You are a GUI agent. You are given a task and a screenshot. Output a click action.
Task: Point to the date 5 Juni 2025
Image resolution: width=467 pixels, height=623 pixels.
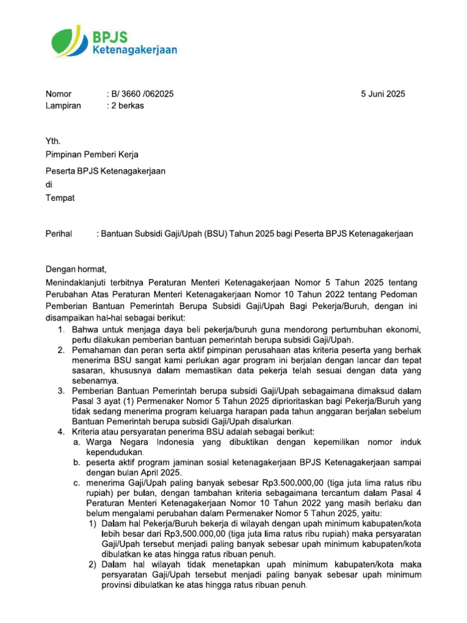[382, 94]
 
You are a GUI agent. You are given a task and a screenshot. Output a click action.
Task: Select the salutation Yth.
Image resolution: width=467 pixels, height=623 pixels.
[53, 141]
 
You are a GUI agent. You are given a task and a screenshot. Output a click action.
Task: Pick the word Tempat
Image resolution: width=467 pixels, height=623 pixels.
[61, 198]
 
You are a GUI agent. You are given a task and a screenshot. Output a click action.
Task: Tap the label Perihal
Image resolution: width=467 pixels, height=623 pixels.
[59, 234]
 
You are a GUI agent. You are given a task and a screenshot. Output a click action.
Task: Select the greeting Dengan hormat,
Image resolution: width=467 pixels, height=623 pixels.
[77, 269]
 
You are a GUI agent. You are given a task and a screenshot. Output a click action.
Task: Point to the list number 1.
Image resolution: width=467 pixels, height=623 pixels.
[61, 329]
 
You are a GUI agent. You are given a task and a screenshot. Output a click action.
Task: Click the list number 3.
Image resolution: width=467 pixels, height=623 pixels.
[61, 391]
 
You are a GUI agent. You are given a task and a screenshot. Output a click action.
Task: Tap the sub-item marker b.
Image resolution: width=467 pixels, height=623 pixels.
[77, 464]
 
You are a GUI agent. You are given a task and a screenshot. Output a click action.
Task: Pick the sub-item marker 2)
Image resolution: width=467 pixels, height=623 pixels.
[92, 565]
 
